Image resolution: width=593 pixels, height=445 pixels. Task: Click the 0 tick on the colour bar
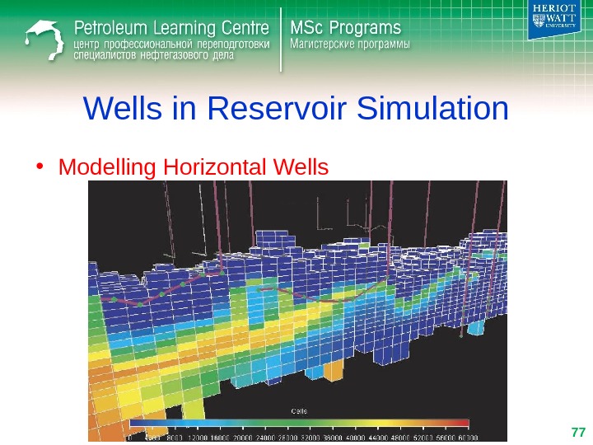pos(128,438)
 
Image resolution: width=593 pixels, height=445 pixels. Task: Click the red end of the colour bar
pos(462,424)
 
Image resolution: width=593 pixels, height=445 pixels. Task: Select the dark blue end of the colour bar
pos(136,424)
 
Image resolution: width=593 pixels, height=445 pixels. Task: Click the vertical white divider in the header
pos(282,36)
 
